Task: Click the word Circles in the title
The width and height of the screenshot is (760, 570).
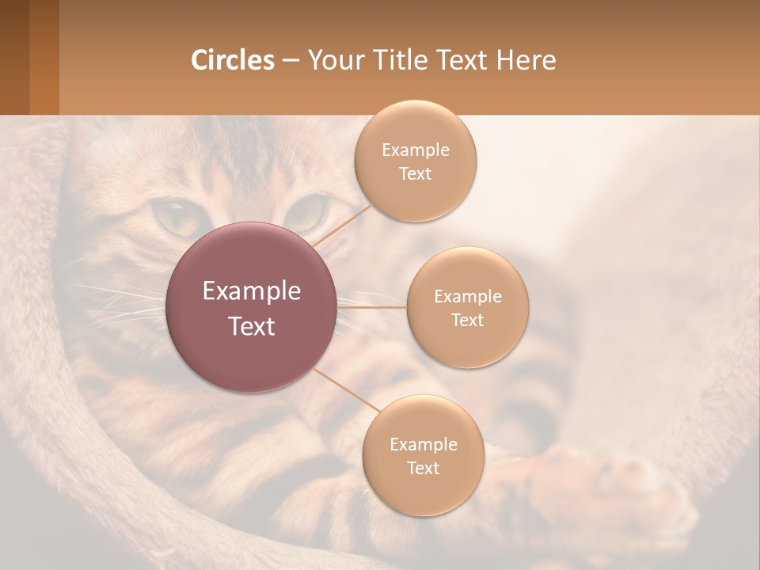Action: (x=232, y=60)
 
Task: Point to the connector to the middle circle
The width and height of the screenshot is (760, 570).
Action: (x=372, y=307)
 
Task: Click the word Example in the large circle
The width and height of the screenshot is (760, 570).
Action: (x=252, y=291)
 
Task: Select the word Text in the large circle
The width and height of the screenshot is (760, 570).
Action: (x=252, y=326)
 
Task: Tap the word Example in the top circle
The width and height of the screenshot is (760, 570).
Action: (x=415, y=150)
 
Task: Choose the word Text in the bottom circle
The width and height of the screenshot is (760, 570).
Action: (x=423, y=469)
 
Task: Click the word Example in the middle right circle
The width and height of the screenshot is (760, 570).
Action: (x=467, y=297)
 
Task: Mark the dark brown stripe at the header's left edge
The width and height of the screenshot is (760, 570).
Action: (x=14, y=57)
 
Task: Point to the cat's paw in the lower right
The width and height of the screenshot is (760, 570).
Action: (x=625, y=483)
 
